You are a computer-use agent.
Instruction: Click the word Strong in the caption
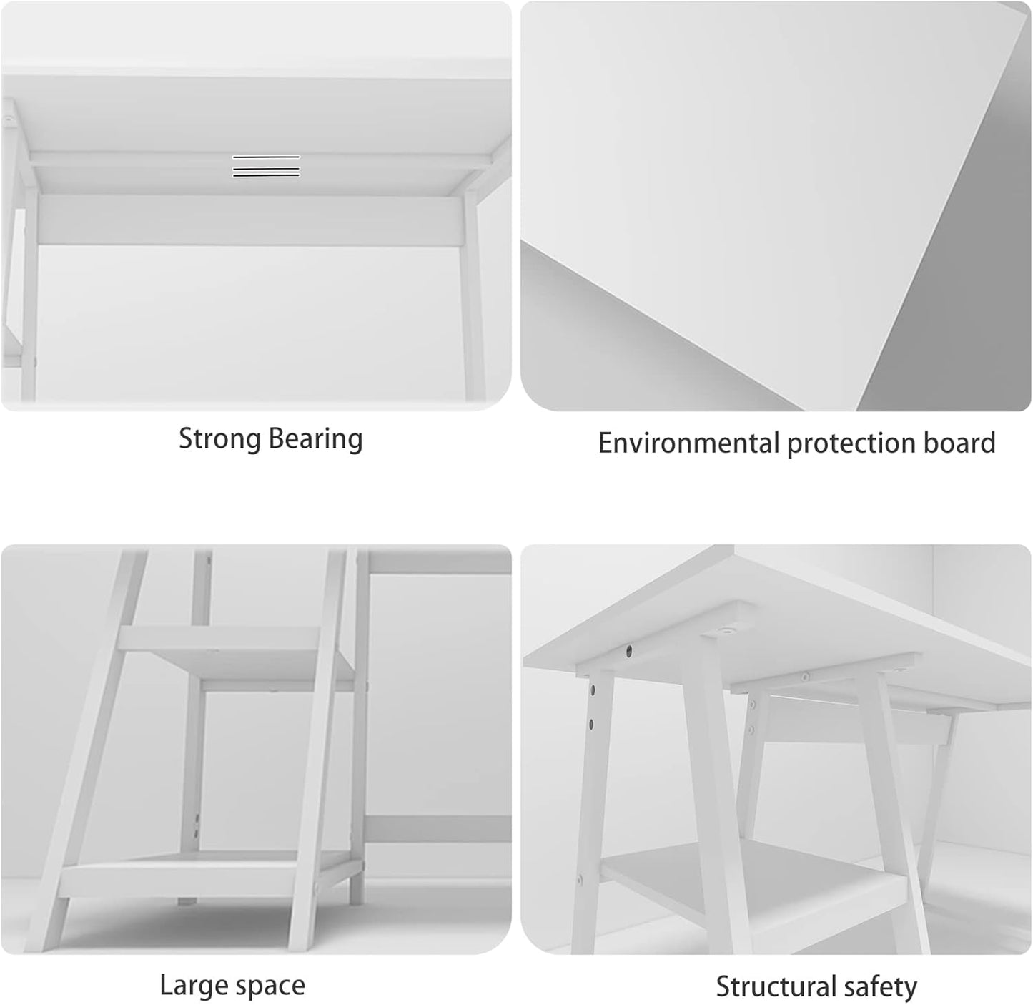click(x=219, y=438)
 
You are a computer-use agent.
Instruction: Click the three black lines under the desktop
click(x=266, y=166)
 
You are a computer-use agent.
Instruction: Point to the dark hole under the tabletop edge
click(x=629, y=651)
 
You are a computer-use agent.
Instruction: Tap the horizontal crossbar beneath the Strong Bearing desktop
click(x=250, y=220)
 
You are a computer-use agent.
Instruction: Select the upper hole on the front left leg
click(x=593, y=691)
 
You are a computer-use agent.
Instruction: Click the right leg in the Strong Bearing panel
click(x=473, y=300)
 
